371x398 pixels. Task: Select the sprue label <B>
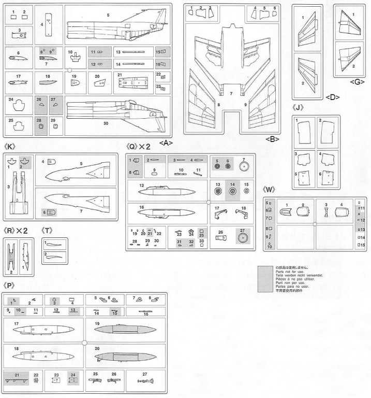pos(273,139)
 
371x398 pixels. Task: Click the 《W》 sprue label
pos(271,189)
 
